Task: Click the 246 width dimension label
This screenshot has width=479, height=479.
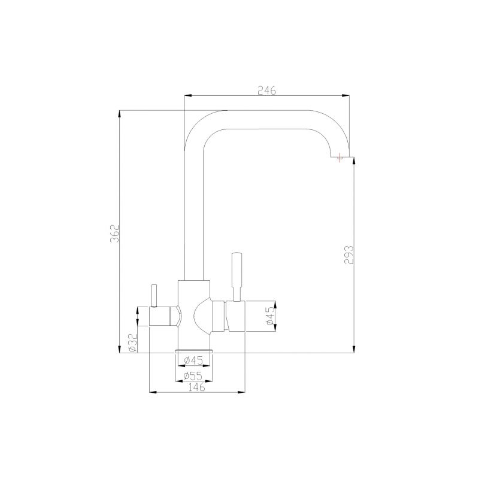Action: (x=266, y=90)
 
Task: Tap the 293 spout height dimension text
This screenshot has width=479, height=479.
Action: (x=350, y=254)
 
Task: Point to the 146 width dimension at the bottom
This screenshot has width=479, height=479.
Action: (x=197, y=387)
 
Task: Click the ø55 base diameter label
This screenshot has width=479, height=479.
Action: (x=193, y=375)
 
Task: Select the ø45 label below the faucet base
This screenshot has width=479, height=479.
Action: (x=193, y=360)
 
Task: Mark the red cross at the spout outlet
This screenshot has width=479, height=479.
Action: (x=340, y=158)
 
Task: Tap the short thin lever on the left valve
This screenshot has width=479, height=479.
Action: (x=153, y=295)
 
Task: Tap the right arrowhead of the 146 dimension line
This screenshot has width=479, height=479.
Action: (x=243, y=393)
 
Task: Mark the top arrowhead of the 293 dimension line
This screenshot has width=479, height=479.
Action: (x=354, y=163)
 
